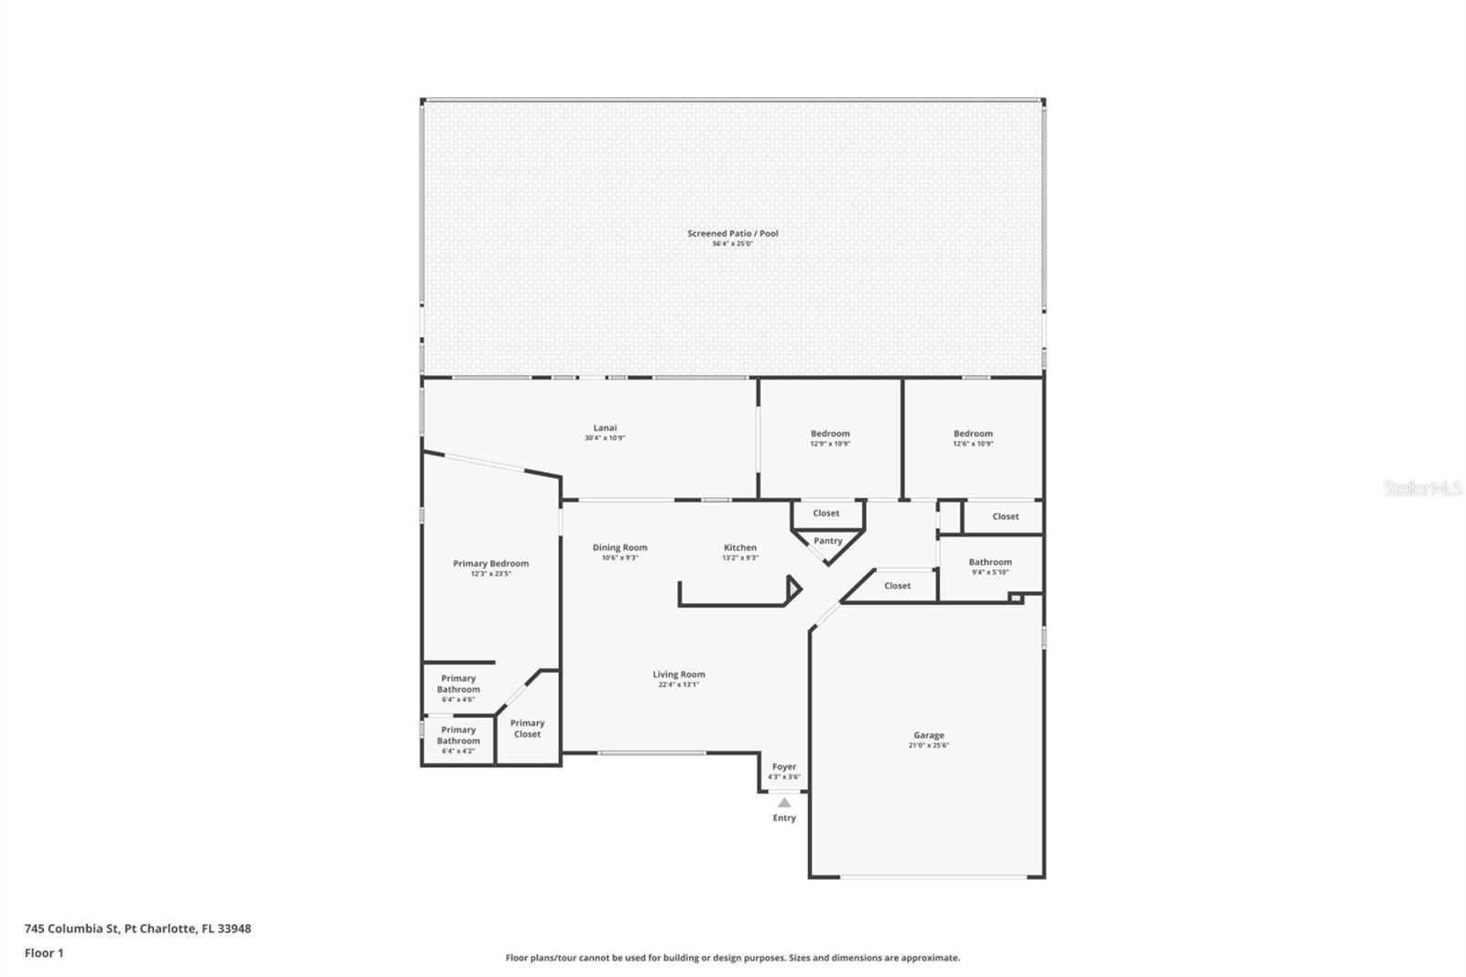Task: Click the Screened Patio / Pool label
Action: (733, 234)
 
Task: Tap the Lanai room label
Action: (605, 428)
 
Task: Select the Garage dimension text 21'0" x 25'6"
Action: (928, 746)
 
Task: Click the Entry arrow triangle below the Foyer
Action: (784, 803)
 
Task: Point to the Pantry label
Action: (827, 541)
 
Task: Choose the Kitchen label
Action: (740, 547)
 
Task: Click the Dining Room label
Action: (619, 547)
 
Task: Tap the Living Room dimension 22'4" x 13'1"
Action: (679, 685)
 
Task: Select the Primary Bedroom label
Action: (491, 564)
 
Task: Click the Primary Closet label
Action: (527, 729)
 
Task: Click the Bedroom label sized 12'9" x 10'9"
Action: (830, 434)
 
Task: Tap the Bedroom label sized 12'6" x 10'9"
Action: (973, 434)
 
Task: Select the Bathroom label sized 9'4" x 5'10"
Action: (990, 562)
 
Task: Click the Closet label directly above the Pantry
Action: (826, 513)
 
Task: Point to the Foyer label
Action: (784, 767)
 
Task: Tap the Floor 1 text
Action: (44, 953)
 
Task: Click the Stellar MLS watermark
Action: (1422, 489)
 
